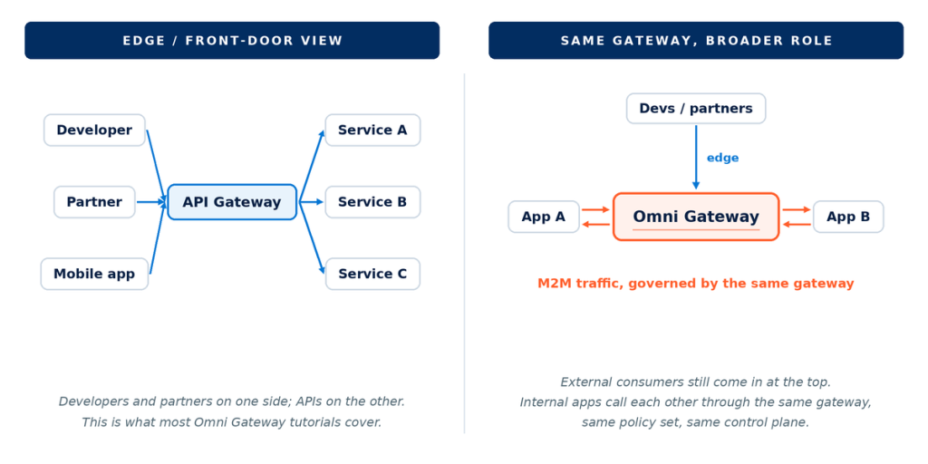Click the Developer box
(x=94, y=130)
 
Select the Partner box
(x=94, y=202)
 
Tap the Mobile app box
(x=94, y=274)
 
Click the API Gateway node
(x=232, y=202)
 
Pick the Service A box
(x=372, y=130)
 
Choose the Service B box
(x=372, y=202)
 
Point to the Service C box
(x=372, y=274)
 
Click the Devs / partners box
(x=696, y=109)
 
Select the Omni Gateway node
(x=696, y=217)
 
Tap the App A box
(x=544, y=217)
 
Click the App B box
(x=848, y=217)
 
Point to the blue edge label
(x=722, y=158)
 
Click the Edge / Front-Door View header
(x=232, y=40)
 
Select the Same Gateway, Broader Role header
(x=696, y=40)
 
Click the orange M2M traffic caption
(x=696, y=284)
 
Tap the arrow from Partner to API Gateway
(x=151, y=202)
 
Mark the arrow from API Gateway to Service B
(x=311, y=202)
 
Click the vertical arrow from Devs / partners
(x=696, y=157)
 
